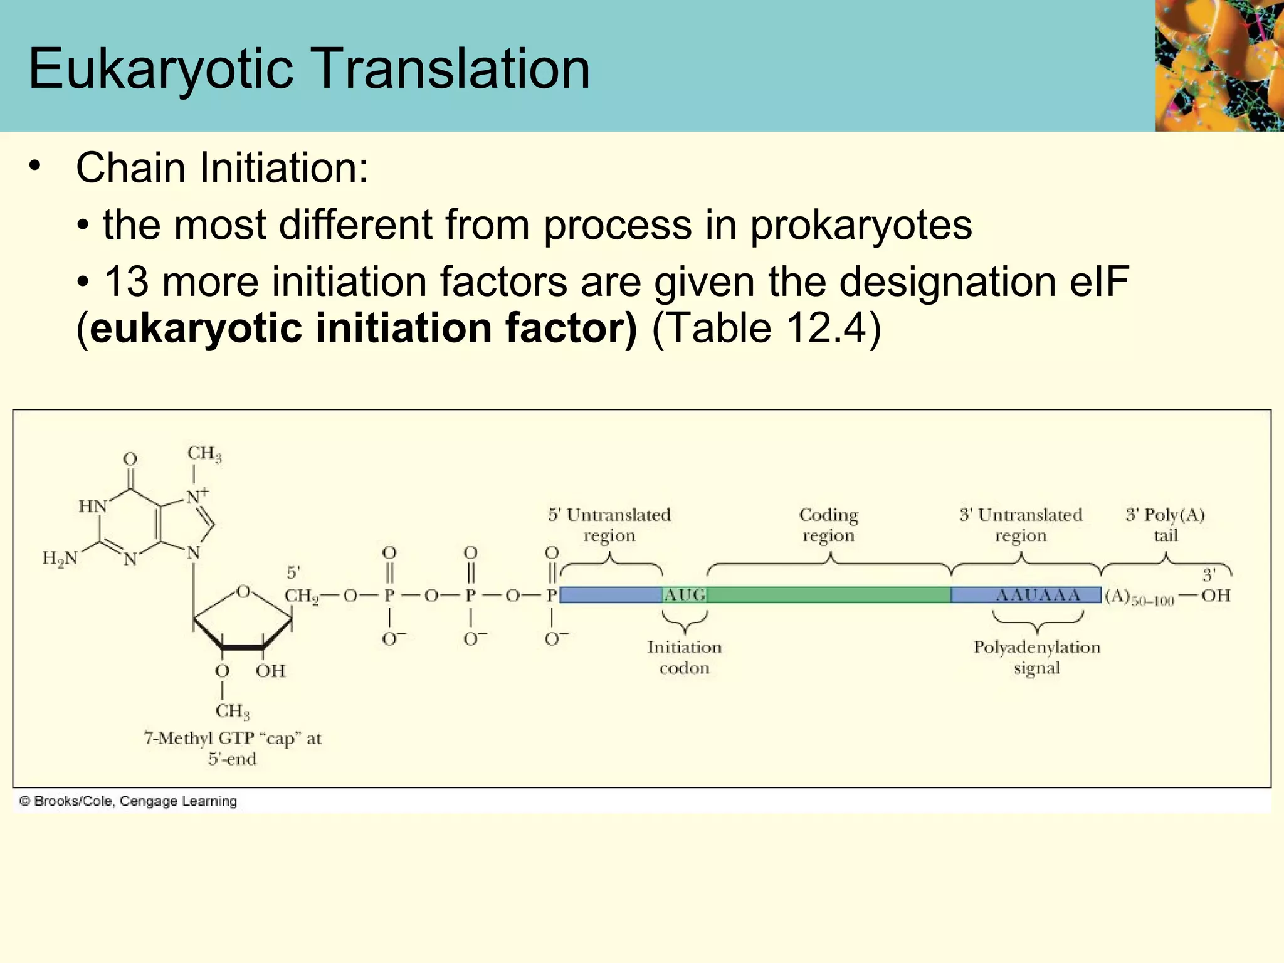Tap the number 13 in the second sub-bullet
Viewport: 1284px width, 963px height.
tap(126, 282)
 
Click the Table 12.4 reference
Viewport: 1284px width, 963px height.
tap(767, 328)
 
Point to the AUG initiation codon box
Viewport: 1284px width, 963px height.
tap(685, 595)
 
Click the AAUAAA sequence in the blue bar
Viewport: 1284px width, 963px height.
tap(1038, 595)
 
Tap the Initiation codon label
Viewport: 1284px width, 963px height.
tap(684, 657)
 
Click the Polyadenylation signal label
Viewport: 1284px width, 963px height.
tap(1036, 657)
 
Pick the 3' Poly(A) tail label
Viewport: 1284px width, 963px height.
tap(1165, 525)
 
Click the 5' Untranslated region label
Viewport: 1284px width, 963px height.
tap(609, 525)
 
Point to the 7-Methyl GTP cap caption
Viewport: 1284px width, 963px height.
tap(233, 748)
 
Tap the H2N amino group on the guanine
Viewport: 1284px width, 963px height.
tap(60, 558)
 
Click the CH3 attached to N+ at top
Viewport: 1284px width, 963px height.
tap(204, 453)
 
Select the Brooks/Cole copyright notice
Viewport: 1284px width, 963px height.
tap(128, 801)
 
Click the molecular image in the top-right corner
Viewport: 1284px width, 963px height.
tap(1219, 65)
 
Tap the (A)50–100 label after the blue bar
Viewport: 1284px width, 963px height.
tap(1139, 597)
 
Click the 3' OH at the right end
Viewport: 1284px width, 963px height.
tap(1216, 595)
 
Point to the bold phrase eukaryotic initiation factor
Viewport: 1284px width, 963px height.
tap(363, 328)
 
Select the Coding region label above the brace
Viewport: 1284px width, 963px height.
tap(828, 525)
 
